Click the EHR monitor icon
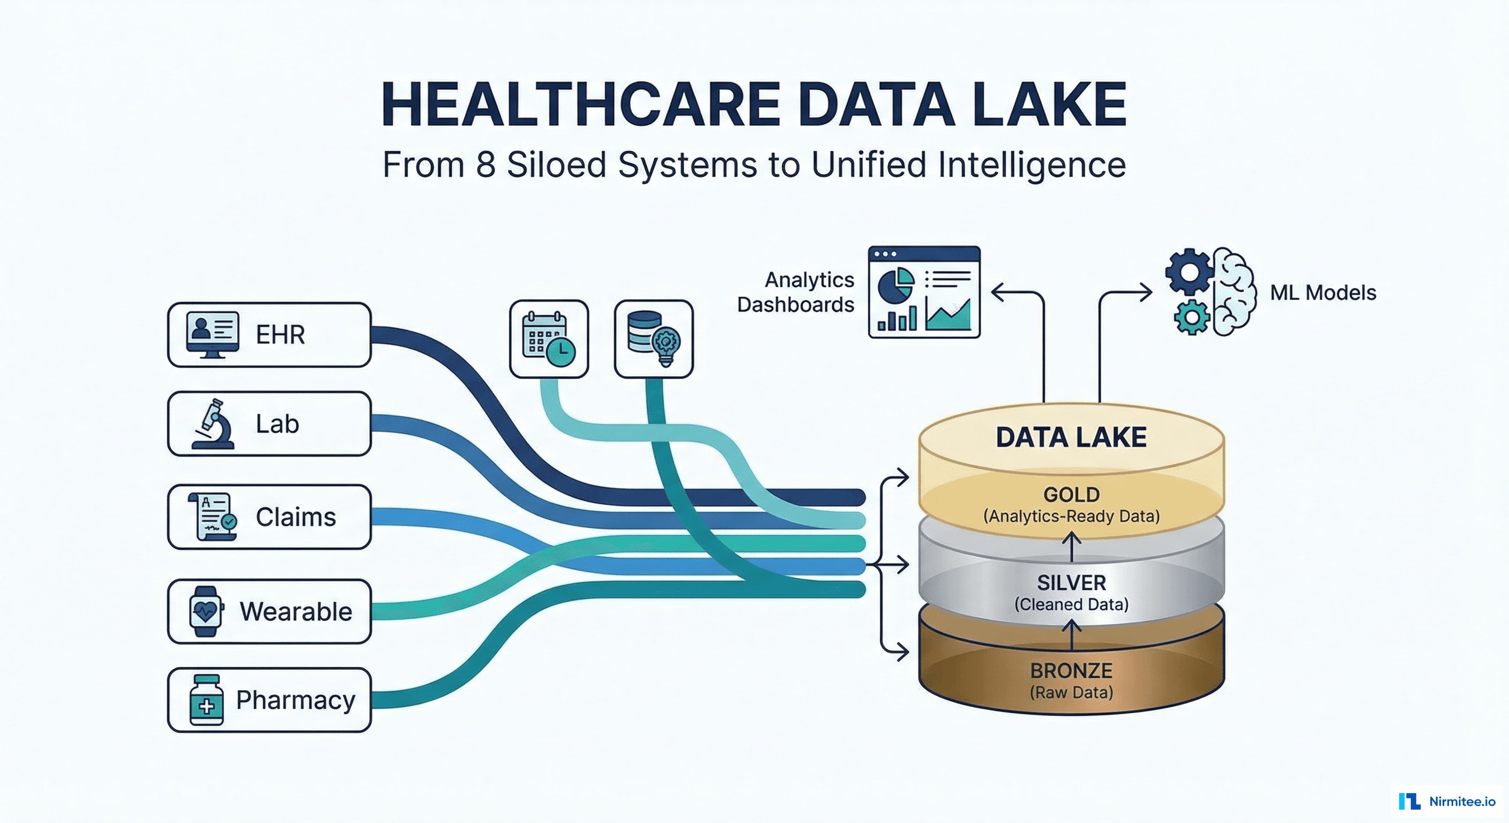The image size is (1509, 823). [212, 334]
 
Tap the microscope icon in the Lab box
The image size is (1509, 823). [213, 424]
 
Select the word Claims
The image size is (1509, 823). [296, 517]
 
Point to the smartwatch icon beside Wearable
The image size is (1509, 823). [206, 611]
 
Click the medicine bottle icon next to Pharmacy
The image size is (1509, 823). [206, 700]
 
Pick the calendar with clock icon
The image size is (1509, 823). [549, 339]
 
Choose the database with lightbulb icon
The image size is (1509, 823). [654, 339]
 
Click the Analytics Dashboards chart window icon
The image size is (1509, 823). [924, 291]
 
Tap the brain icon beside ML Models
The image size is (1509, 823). [1234, 291]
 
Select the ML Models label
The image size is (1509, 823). [1323, 293]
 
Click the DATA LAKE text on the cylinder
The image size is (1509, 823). [1071, 438]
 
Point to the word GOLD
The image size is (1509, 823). [1071, 495]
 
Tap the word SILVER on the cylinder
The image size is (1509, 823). [1071, 583]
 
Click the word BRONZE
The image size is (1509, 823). [1071, 671]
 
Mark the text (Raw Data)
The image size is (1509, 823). [1071, 692]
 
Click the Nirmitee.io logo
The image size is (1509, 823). [1447, 800]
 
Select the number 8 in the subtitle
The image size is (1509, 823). [485, 164]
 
